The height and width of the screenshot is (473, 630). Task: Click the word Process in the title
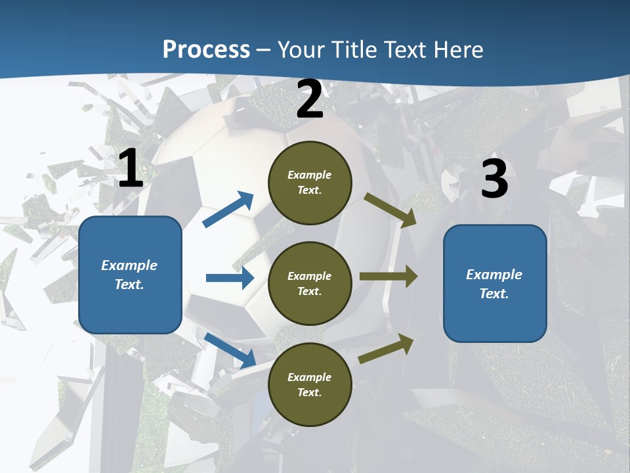coord(206,49)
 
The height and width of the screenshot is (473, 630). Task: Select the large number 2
coord(310,100)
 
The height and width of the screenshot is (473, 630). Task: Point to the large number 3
coord(494,179)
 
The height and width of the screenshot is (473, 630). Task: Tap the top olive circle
coord(310,183)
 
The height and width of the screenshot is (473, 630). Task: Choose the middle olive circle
coord(310,283)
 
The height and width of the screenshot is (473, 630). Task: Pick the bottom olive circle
coord(310,384)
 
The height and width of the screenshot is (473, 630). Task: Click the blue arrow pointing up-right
coord(228,210)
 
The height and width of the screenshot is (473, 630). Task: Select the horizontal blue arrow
coord(230,278)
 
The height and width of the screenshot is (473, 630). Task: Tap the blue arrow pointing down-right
coord(230,349)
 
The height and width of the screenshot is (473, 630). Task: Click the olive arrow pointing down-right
coord(390,210)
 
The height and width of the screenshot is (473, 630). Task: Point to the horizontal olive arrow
coord(388,276)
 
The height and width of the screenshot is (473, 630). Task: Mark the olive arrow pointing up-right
coord(386,349)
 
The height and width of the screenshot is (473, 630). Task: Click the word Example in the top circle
coord(310,175)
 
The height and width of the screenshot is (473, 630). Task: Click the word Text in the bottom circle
coord(308,392)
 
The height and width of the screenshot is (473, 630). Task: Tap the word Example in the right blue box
coord(494,275)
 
